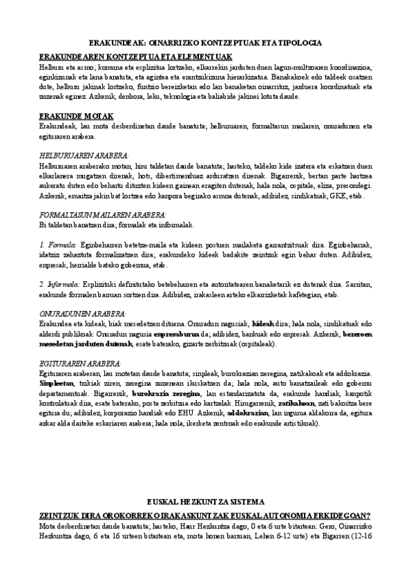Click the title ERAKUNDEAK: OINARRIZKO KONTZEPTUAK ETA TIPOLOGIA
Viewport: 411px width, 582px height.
point(205,43)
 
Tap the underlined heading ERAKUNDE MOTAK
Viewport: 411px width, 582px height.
point(75,115)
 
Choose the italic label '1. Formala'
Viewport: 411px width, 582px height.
point(58,244)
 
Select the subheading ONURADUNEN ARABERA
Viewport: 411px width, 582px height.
point(82,312)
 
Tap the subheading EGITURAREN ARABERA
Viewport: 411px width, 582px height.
point(80,362)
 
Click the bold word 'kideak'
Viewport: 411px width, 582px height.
point(263,322)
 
